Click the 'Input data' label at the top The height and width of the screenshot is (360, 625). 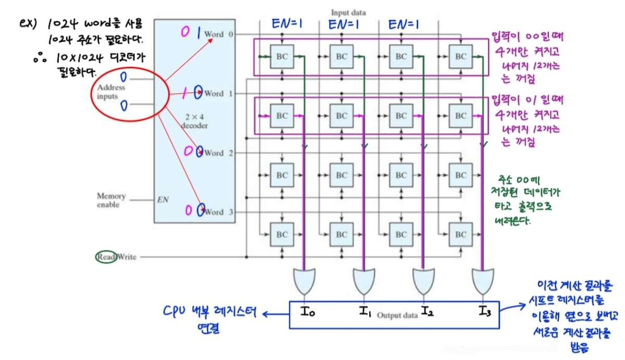click(x=348, y=11)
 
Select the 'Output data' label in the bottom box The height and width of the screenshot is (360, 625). click(x=394, y=315)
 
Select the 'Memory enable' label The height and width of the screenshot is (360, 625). click(x=111, y=201)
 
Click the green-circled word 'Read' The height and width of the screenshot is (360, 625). click(x=106, y=257)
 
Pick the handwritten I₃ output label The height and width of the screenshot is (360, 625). click(x=484, y=312)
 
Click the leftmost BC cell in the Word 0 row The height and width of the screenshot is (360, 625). click(x=282, y=56)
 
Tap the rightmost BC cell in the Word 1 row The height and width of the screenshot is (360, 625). click(x=460, y=116)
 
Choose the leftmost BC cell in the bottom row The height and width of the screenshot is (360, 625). click(x=282, y=234)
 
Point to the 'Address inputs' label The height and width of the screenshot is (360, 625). click(x=111, y=92)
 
